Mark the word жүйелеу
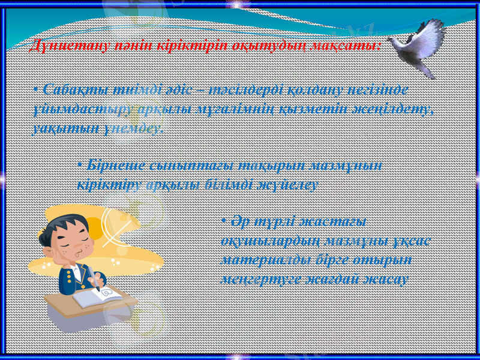pos(289,185)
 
